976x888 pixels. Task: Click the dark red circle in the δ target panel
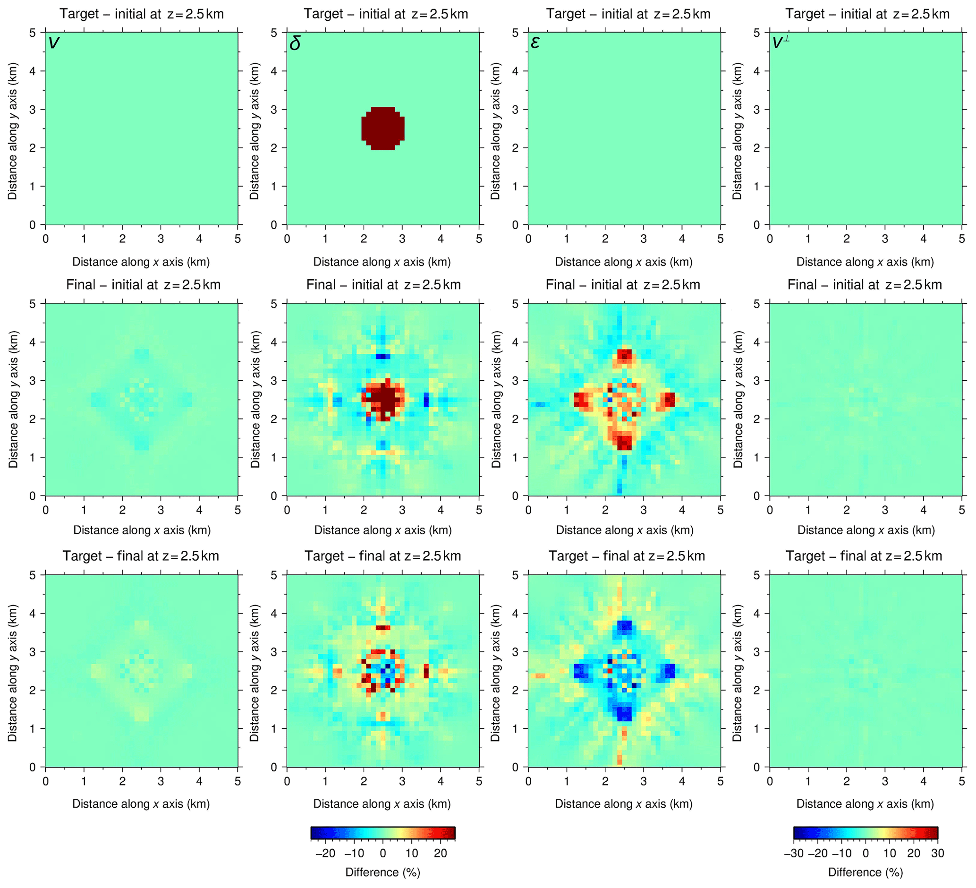point(382,128)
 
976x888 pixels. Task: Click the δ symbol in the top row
point(295,43)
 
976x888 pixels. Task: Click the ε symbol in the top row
point(535,43)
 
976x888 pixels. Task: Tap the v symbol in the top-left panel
point(54,43)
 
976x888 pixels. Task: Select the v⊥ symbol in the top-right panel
point(781,43)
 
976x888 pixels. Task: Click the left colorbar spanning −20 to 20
point(382,833)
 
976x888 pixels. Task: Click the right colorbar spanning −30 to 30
point(865,833)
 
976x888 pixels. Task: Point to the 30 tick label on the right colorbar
point(937,853)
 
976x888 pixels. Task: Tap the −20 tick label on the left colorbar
point(325,853)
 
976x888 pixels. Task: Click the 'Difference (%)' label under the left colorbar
point(382,872)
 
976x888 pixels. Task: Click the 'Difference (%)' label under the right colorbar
point(865,872)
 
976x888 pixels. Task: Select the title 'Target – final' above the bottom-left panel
point(140,556)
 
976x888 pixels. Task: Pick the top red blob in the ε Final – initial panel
point(625,356)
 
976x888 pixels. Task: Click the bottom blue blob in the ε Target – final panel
point(624,713)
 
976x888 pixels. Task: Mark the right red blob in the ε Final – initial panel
point(669,400)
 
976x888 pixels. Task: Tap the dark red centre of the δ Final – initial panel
point(385,400)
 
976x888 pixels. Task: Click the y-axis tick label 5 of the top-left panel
point(33,33)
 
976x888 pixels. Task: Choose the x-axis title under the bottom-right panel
point(865,804)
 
